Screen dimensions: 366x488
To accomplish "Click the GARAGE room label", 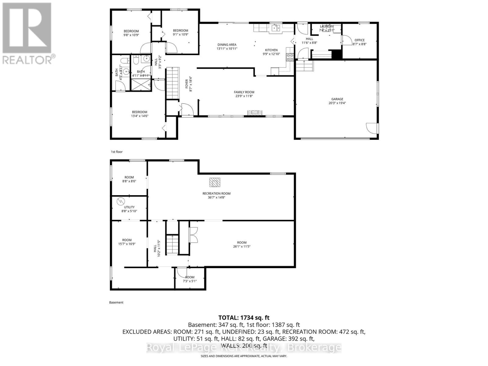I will pyautogui.click(x=337, y=99).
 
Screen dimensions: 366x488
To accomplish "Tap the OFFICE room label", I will pyautogui.click(x=359, y=40).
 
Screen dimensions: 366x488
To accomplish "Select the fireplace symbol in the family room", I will pyautogui.click(x=255, y=113).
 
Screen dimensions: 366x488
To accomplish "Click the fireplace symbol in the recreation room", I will pyautogui.click(x=215, y=182).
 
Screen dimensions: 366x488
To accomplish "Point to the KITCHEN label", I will pyautogui.click(x=271, y=50).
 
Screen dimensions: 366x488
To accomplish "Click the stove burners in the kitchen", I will pyautogui.click(x=290, y=57).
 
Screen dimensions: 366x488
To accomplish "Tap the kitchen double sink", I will pyautogui.click(x=276, y=28).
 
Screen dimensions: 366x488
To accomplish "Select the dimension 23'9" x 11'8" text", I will pyautogui.click(x=244, y=96).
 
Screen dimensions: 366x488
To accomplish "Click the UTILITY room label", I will pyautogui.click(x=129, y=207).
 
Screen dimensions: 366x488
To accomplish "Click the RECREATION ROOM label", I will pyautogui.click(x=217, y=193).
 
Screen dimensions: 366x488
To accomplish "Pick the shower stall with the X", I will pyautogui.click(x=141, y=84).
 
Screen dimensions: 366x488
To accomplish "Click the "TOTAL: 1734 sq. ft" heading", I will pyautogui.click(x=244, y=318).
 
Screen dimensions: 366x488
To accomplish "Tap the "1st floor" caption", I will pyautogui.click(x=117, y=152).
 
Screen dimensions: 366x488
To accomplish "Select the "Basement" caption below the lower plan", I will pyautogui.click(x=116, y=303).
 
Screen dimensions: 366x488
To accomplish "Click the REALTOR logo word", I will pyautogui.click(x=27, y=60).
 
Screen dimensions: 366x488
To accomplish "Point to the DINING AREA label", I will pyautogui.click(x=227, y=45).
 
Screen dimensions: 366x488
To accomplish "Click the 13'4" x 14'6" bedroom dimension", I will pyautogui.click(x=139, y=116).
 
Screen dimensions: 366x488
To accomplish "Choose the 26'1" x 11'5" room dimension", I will pyautogui.click(x=242, y=246).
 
